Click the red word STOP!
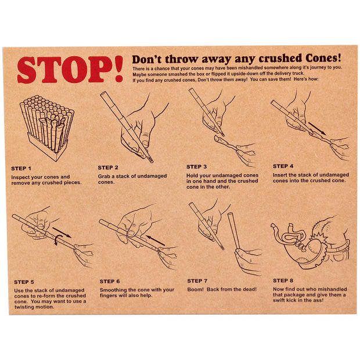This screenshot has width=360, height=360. coord(70,70)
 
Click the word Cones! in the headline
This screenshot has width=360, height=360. coord(323,58)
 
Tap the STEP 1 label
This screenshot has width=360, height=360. coord(21,168)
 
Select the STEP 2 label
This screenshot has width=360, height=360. coord(108,168)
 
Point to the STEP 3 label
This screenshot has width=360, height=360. coord(196,167)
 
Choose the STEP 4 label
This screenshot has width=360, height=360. coord(283,166)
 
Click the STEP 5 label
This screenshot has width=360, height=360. coord(24,282)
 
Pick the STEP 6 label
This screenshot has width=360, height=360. coord(110,281)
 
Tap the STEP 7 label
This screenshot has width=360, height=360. coord(197,281)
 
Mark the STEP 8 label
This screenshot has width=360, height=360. coord(283,280)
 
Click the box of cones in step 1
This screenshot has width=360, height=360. coord(47,127)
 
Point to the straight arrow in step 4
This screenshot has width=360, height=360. coord(317,128)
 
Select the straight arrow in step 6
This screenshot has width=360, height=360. coord(155,240)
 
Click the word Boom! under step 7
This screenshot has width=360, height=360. coord(195,289)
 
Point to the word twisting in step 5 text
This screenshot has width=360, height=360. coord(24,307)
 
